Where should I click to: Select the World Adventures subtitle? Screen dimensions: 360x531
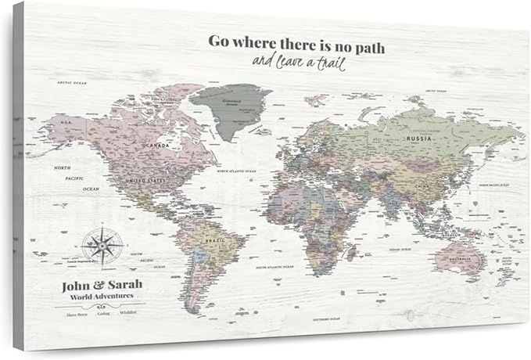click(99, 296)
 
